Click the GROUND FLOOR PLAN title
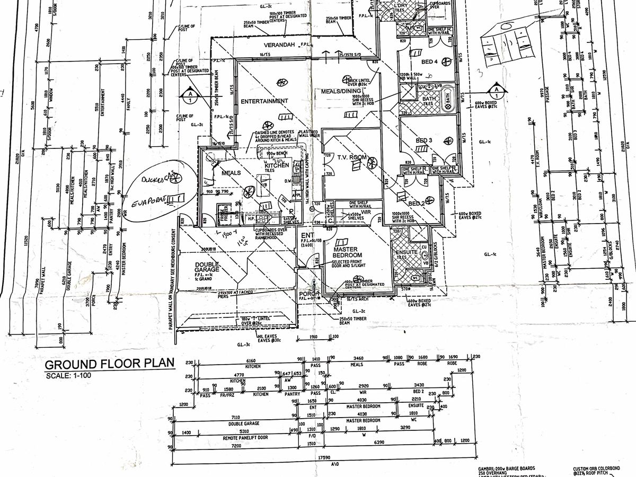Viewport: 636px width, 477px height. click(x=109, y=365)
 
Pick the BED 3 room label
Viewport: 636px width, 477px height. click(x=425, y=140)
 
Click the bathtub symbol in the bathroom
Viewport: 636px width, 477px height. click(x=447, y=98)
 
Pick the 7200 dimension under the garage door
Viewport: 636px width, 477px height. click(x=235, y=447)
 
